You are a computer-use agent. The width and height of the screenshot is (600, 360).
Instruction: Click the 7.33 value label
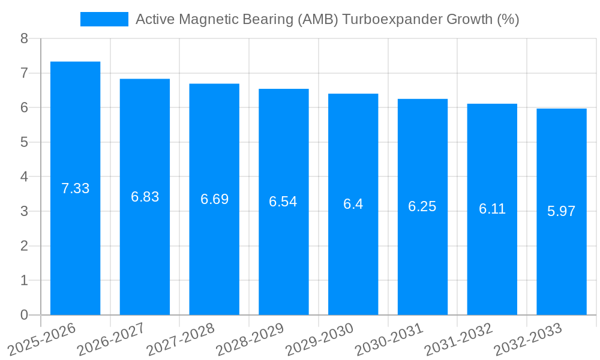75,188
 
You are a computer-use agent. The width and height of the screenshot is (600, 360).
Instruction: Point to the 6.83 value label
145,197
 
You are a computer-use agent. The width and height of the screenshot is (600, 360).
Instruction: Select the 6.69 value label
214,199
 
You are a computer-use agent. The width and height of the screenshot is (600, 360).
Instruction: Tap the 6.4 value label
353,204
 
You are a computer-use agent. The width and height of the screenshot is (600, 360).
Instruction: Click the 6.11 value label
492,209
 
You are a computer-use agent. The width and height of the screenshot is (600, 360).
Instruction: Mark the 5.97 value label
561,211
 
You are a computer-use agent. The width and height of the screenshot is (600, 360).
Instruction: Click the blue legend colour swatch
104,19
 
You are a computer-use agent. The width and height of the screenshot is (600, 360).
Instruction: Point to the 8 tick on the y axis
24,39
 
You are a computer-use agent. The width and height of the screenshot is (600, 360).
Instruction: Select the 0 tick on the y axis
24,315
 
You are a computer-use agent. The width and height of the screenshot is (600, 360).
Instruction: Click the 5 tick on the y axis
24,142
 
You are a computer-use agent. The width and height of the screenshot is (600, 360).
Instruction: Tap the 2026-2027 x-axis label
111,339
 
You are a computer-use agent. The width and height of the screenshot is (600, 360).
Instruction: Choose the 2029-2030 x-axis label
319,339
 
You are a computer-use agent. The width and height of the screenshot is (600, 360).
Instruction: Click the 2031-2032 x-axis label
458,339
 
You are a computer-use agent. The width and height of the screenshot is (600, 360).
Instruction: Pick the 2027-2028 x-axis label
180,339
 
